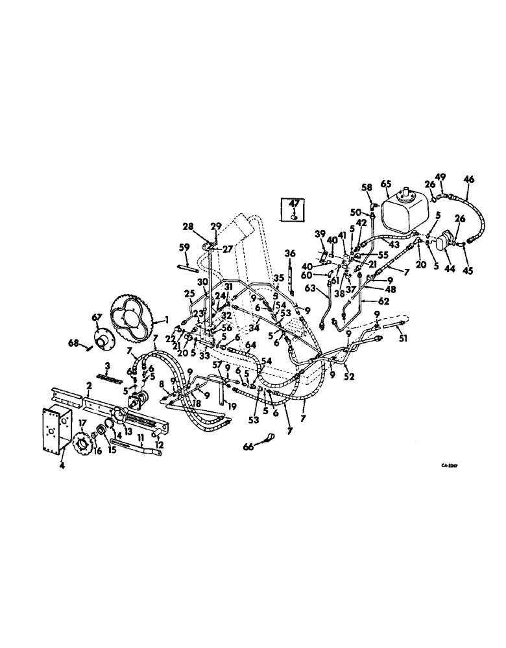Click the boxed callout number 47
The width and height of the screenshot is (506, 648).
point(293,203)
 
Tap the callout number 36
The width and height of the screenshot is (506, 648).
point(289,253)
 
